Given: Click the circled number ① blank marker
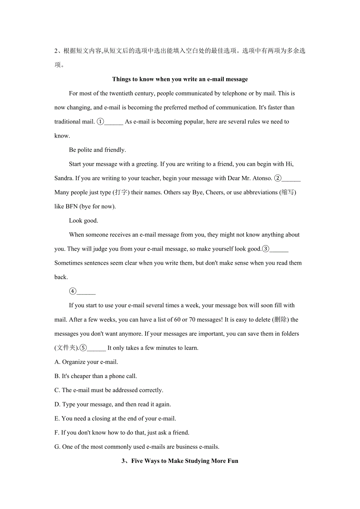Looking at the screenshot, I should click(x=100, y=122).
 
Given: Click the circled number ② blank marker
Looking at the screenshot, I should click(x=277, y=178).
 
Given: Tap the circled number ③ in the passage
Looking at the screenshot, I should click(x=266, y=249).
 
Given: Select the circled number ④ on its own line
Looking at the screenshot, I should click(x=73, y=291).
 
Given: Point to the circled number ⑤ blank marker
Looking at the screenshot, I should click(x=83, y=348).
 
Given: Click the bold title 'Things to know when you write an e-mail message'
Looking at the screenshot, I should click(x=180, y=79).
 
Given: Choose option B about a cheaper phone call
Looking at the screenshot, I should click(x=95, y=376).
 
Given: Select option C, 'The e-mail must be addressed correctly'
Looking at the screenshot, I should click(x=109, y=390).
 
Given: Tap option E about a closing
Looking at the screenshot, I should click(x=115, y=418).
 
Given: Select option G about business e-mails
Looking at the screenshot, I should click(x=137, y=447).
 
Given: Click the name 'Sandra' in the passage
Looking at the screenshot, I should click(x=63, y=178).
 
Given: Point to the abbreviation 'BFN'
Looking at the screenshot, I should click(x=72, y=206).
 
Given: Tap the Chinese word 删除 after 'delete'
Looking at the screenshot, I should click(x=280, y=319).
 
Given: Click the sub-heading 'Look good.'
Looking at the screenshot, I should click(x=83, y=220).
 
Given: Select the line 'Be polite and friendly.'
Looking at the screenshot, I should click(x=97, y=150).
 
